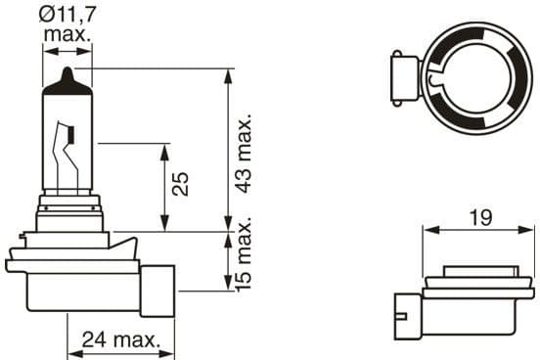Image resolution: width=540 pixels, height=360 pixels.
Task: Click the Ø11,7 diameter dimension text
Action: (x=67, y=15)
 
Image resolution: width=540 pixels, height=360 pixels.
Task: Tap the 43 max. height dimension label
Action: (x=245, y=153)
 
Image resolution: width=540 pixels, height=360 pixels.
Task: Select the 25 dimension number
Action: (x=180, y=184)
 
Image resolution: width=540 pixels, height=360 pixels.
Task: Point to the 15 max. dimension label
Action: (x=244, y=254)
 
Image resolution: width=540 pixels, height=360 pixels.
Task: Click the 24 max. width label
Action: (x=121, y=339)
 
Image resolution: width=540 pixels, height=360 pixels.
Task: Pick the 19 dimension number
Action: (x=480, y=218)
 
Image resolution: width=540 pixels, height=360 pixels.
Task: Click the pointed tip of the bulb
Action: (x=67, y=68)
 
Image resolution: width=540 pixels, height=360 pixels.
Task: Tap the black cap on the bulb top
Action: (x=67, y=82)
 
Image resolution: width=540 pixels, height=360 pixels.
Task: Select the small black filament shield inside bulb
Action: (x=72, y=134)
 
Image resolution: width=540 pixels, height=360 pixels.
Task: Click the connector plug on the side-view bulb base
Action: (x=157, y=291)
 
